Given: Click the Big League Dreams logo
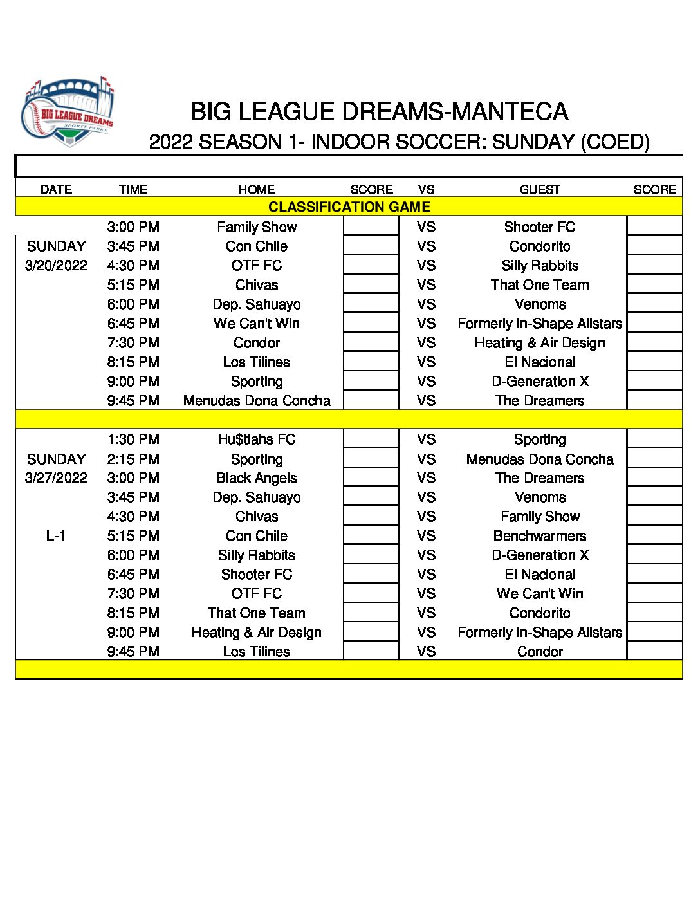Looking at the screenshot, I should click(x=68, y=113).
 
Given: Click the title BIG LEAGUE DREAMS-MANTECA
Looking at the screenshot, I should click(x=379, y=112).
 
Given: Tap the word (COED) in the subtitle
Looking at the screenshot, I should click(x=614, y=142).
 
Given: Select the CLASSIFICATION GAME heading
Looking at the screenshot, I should click(x=349, y=207).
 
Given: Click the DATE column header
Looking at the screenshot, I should click(x=56, y=189).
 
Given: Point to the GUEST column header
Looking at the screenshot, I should click(x=540, y=189).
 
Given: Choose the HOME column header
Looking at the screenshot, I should click(x=256, y=189).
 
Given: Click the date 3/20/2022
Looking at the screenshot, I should click(x=56, y=265).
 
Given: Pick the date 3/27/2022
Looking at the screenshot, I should click(x=56, y=477).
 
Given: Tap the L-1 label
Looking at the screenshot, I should click(x=56, y=535).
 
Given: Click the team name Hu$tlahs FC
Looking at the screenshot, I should click(x=256, y=439).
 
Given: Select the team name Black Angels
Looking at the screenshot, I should click(x=256, y=478).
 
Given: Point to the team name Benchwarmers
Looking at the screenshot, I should click(x=540, y=536).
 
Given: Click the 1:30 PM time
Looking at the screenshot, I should click(x=133, y=439).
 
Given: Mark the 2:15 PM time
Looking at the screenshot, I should click(x=133, y=459).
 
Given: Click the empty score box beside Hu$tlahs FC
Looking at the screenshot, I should click(x=371, y=439).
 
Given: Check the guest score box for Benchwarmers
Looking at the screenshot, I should click(x=654, y=536).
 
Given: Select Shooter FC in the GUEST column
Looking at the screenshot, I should click(x=540, y=227).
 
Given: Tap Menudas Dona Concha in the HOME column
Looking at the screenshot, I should click(x=256, y=401).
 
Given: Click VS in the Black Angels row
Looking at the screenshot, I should click(x=426, y=478).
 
